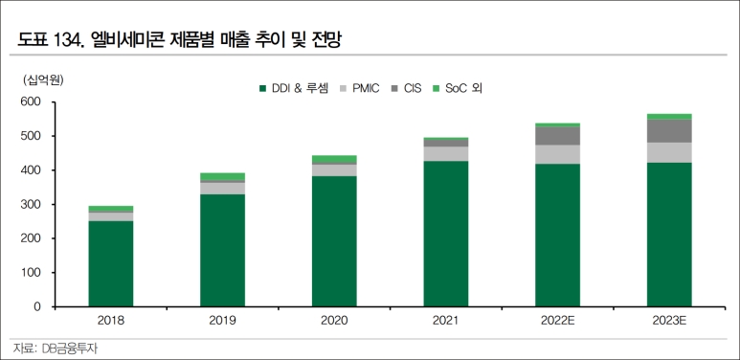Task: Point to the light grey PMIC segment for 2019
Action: [222, 188]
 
